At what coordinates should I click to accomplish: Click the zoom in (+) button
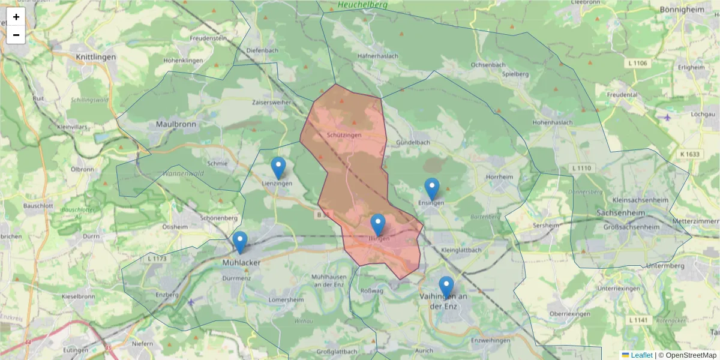point(16,17)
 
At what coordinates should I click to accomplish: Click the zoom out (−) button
point(16,35)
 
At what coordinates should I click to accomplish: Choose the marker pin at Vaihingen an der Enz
point(446,287)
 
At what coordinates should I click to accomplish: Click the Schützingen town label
point(344,136)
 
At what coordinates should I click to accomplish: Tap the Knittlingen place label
point(96,57)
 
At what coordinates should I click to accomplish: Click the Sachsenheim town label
point(625,213)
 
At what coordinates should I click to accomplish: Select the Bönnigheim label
point(685,10)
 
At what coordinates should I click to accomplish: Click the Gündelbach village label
point(413,143)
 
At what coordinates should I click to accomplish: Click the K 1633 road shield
point(690,154)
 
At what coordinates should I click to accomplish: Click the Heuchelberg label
point(362,5)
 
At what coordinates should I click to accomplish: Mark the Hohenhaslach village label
point(553,122)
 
